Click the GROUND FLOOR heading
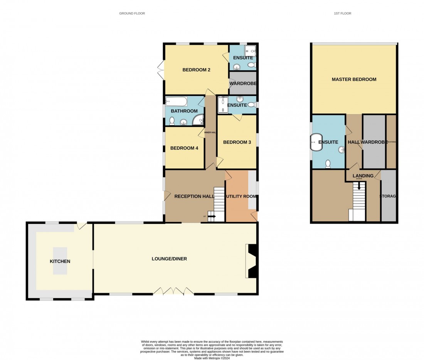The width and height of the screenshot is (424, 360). (132, 13)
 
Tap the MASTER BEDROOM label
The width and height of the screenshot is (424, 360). (354, 79)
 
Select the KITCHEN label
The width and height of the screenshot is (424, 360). (60, 261)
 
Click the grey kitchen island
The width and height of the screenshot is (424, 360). (60, 261)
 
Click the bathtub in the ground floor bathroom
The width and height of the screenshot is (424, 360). (176, 101)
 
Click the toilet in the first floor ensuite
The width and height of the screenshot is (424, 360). (328, 164)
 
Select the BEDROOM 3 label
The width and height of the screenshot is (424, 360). (237, 142)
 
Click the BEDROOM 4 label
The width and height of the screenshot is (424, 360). (184, 148)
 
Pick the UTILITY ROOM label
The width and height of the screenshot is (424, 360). (241, 197)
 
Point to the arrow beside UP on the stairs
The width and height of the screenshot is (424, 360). (212, 216)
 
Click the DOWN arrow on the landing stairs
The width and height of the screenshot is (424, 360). (359, 186)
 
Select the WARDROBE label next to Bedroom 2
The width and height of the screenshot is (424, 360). (243, 83)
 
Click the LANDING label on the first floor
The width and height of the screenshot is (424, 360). (363, 176)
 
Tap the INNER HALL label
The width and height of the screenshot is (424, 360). (211, 133)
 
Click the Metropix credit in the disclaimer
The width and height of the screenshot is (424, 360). (212, 358)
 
